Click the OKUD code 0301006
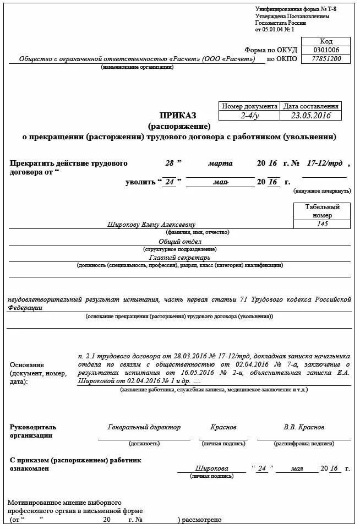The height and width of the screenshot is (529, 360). [326, 50]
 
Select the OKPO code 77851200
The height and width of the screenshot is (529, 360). [326, 59]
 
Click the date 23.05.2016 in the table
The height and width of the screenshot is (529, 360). [310, 116]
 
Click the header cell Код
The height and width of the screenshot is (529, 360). [326, 41]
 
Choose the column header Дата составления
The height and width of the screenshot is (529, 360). [310, 106]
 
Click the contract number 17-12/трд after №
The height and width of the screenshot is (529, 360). [324, 163]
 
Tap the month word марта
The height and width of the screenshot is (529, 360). [220, 163]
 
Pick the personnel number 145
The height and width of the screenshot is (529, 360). [323, 224]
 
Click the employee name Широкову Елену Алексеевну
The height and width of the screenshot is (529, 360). [151, 225]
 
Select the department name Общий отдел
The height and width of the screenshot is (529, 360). [179, 242]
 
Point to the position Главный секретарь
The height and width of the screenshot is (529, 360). [179, 257]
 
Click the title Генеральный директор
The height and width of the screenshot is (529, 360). [144, 427]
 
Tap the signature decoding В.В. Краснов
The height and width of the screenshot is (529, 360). [304, 427]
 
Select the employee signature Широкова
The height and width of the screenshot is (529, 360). [211, 468]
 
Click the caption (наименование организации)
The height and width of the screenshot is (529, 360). [137, 67]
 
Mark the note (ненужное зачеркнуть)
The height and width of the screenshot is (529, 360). [322, 190]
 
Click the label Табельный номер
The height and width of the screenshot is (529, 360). [323, 211]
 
